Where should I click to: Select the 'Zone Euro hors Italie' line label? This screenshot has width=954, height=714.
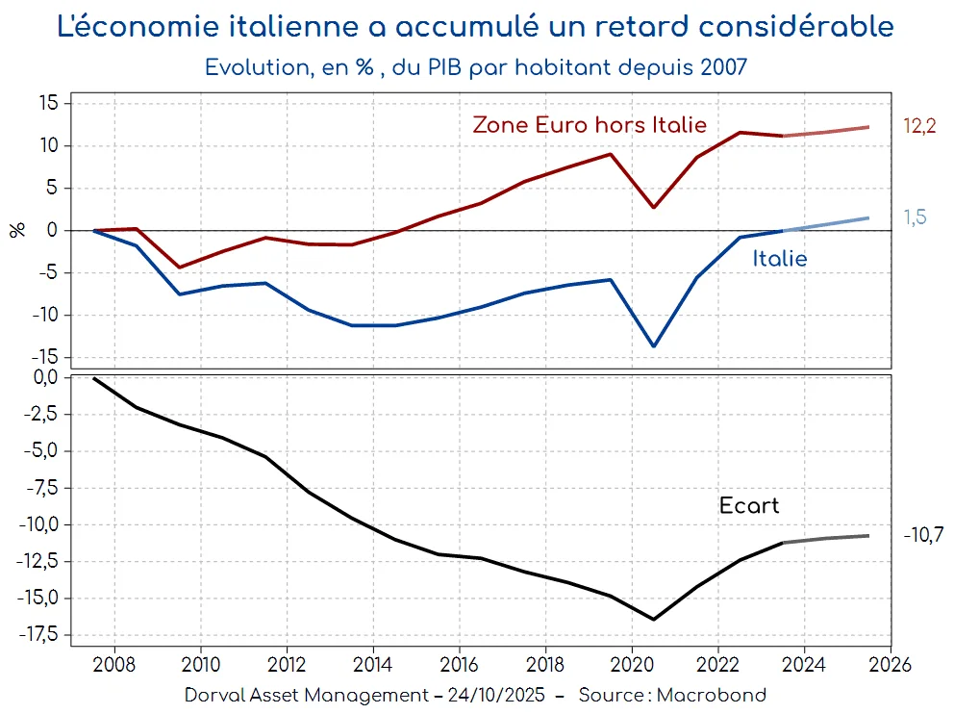(589, 125)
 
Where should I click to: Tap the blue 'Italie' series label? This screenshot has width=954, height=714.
(779, 259)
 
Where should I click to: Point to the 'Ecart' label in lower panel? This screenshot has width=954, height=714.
(748, 506)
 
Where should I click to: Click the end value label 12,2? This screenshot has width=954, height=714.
(919, 127)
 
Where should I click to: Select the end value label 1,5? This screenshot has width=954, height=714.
(915, 217)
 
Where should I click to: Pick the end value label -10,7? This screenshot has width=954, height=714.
(922, 535)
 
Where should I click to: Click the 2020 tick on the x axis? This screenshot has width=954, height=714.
(632, 664)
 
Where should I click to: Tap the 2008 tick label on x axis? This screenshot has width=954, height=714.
(114, 664)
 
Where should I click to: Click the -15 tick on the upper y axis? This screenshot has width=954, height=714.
(46, 357)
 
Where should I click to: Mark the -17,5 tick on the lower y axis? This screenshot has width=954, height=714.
(38, 635)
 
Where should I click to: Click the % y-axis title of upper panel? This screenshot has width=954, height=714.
(17, 230)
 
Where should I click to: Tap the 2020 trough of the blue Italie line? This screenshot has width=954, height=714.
(654, 346)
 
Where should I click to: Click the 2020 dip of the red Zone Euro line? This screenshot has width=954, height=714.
(654, 207)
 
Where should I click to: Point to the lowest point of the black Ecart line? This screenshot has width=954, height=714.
(654, 619)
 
